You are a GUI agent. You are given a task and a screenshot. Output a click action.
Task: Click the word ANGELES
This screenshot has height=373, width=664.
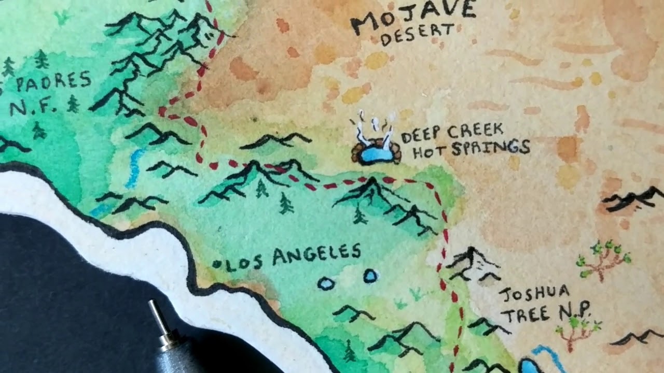coord(316,255)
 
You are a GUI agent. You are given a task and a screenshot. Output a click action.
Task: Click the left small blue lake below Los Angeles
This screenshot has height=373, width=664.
coord(325,284)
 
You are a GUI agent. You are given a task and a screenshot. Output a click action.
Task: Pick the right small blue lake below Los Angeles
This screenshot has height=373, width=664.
coord(370,276)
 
